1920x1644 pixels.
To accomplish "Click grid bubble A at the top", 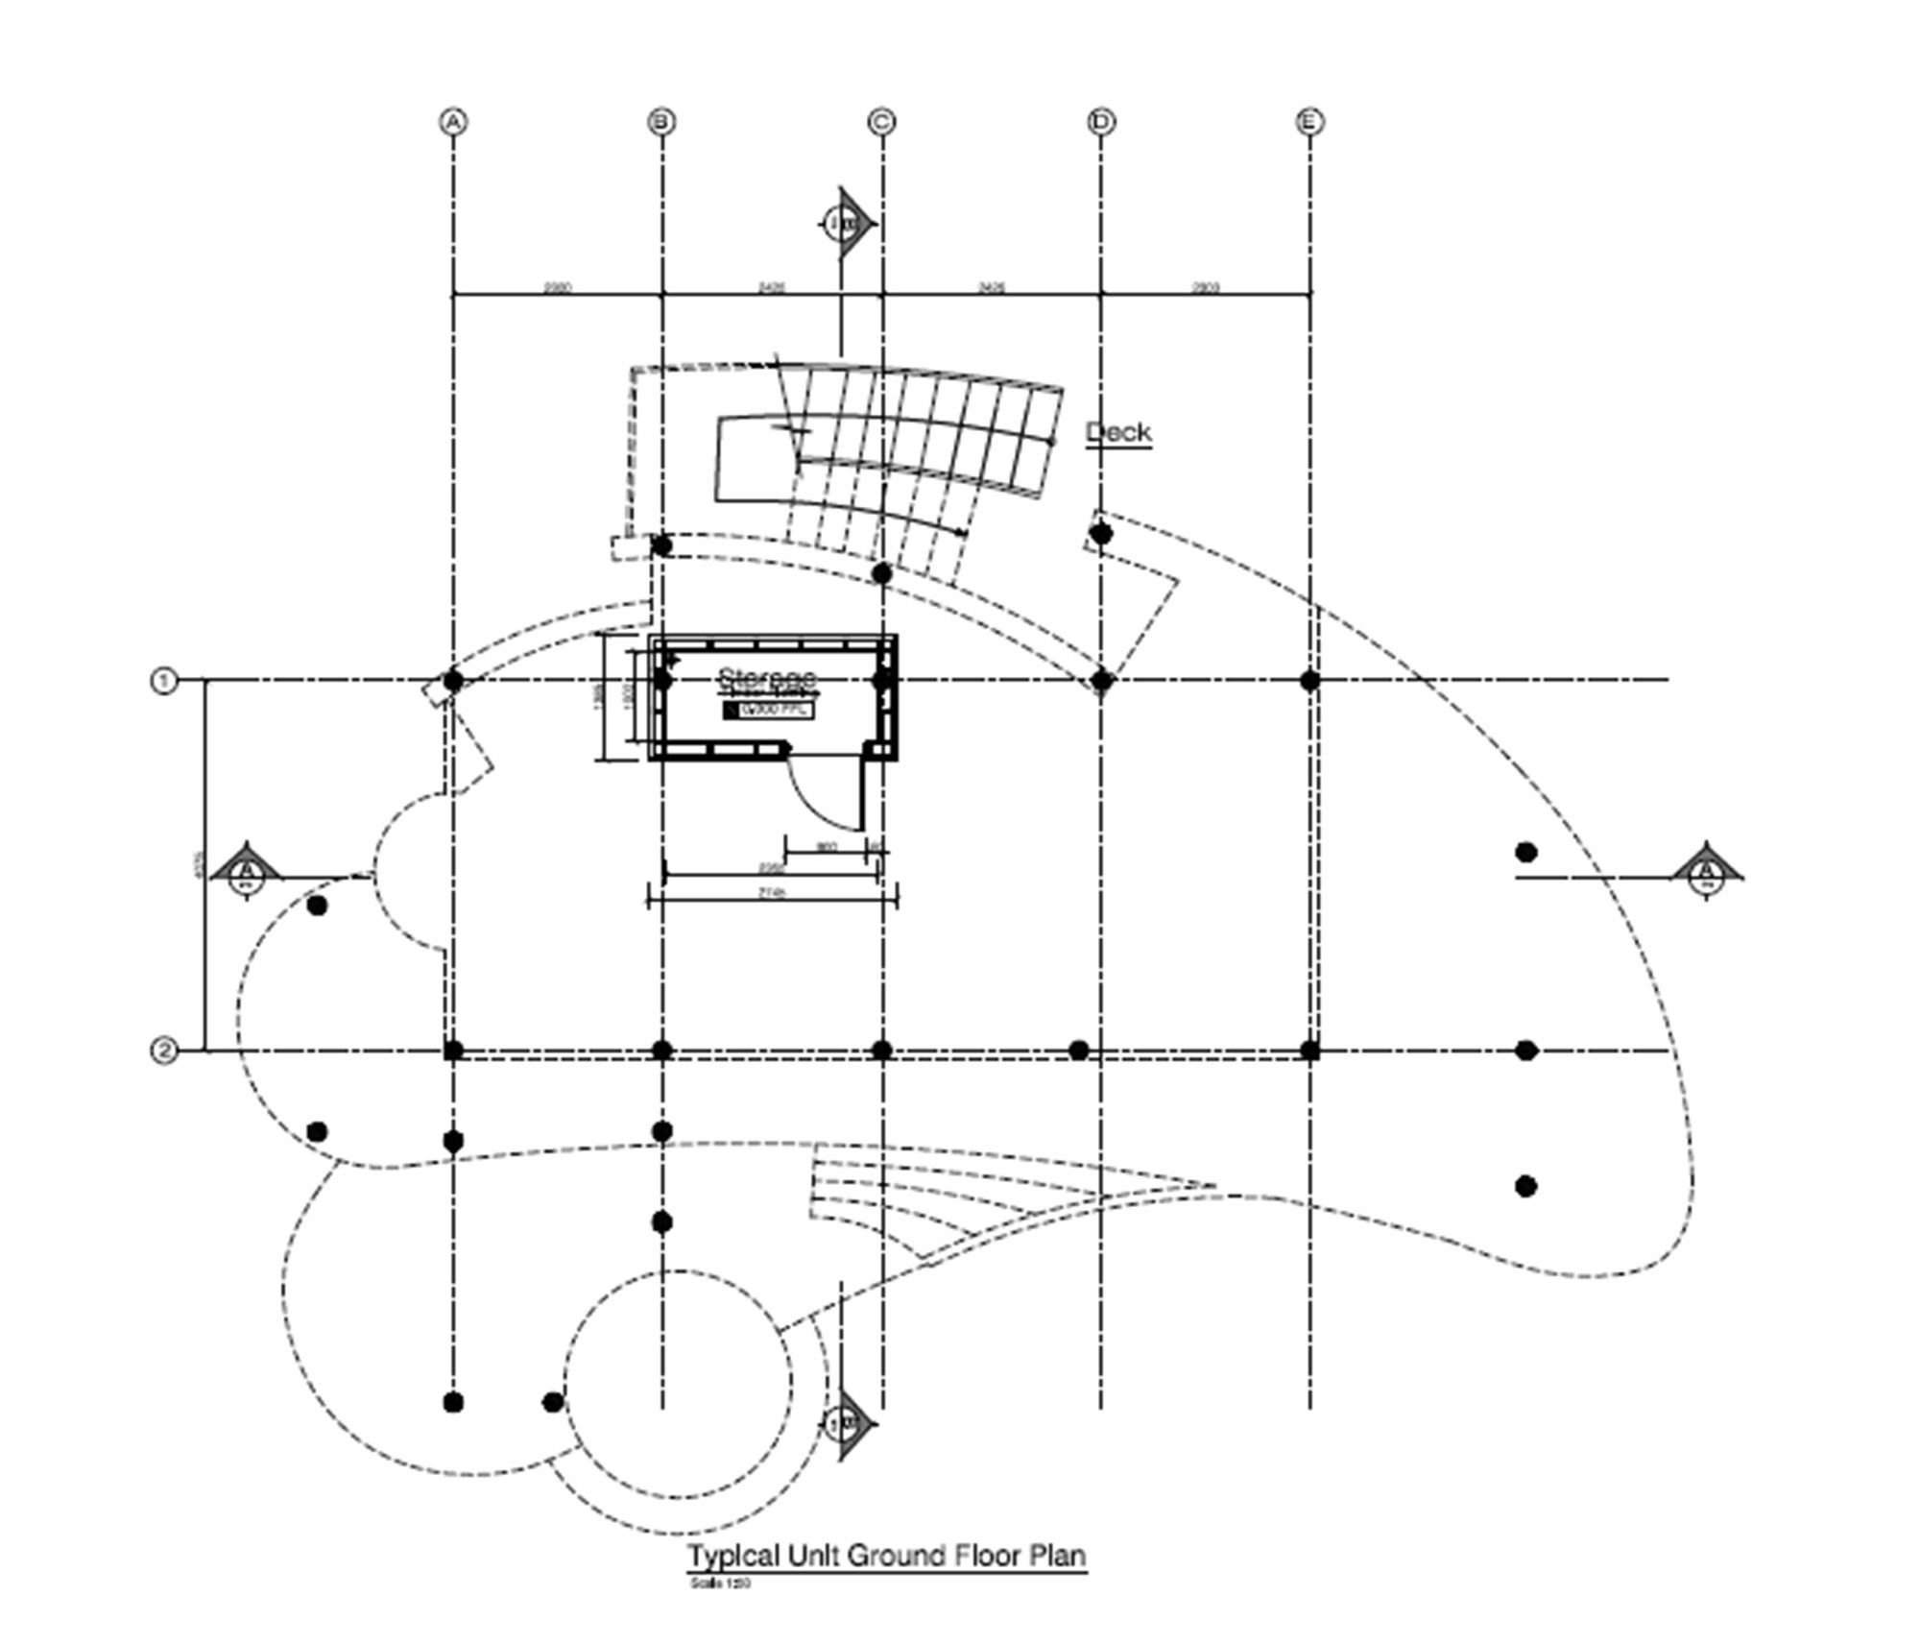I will [x=453, y=122].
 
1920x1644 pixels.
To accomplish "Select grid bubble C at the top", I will [x=881, y=122].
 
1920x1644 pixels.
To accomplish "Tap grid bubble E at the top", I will [x=1309, y=122].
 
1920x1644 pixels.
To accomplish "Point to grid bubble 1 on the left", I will [x=164, y=681].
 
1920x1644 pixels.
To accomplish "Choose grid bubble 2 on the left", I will [x=164, y=1051].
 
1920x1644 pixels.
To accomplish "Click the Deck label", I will [x=1118, y=432].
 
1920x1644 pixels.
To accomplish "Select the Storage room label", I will [x=766, y=677].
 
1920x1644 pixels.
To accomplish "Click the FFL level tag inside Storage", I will [x=769, y=710].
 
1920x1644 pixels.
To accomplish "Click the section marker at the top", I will [x=845, y=224].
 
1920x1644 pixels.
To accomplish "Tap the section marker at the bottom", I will [x=845, y=1422].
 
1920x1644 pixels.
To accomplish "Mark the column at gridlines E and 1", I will [x=1309, y=681].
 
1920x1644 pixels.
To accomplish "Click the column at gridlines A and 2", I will [x=453, y=1051].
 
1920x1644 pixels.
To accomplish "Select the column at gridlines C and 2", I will [x=881, y=1051].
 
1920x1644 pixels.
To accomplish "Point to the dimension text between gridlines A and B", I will [x=558, y=287].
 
